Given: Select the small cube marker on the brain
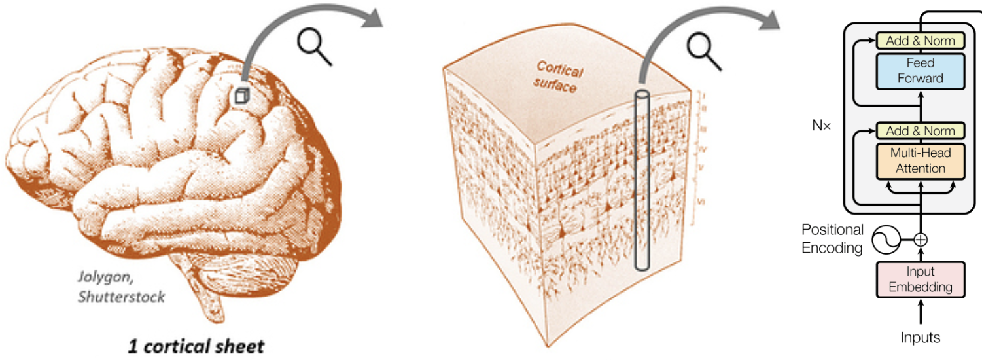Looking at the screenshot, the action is [x=241, y=96].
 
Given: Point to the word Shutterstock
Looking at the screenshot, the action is [x=122, y=297].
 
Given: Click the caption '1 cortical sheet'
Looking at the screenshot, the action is [x=196, y=345].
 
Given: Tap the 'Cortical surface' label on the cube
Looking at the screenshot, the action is [x=557, y=77].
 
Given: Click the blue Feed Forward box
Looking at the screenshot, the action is [x=921, y=71].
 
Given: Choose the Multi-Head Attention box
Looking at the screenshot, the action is [x=921, y=161].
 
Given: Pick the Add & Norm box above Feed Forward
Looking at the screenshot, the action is [x=921, y=41].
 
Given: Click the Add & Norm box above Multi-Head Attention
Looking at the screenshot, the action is [x=921, y=131].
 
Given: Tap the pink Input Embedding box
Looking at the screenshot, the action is [x=921, y=279].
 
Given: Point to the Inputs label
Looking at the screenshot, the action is [x=921, y=338].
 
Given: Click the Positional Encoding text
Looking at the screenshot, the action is [x=832, y=239].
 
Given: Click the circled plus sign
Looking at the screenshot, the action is [x=921, y=240].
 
